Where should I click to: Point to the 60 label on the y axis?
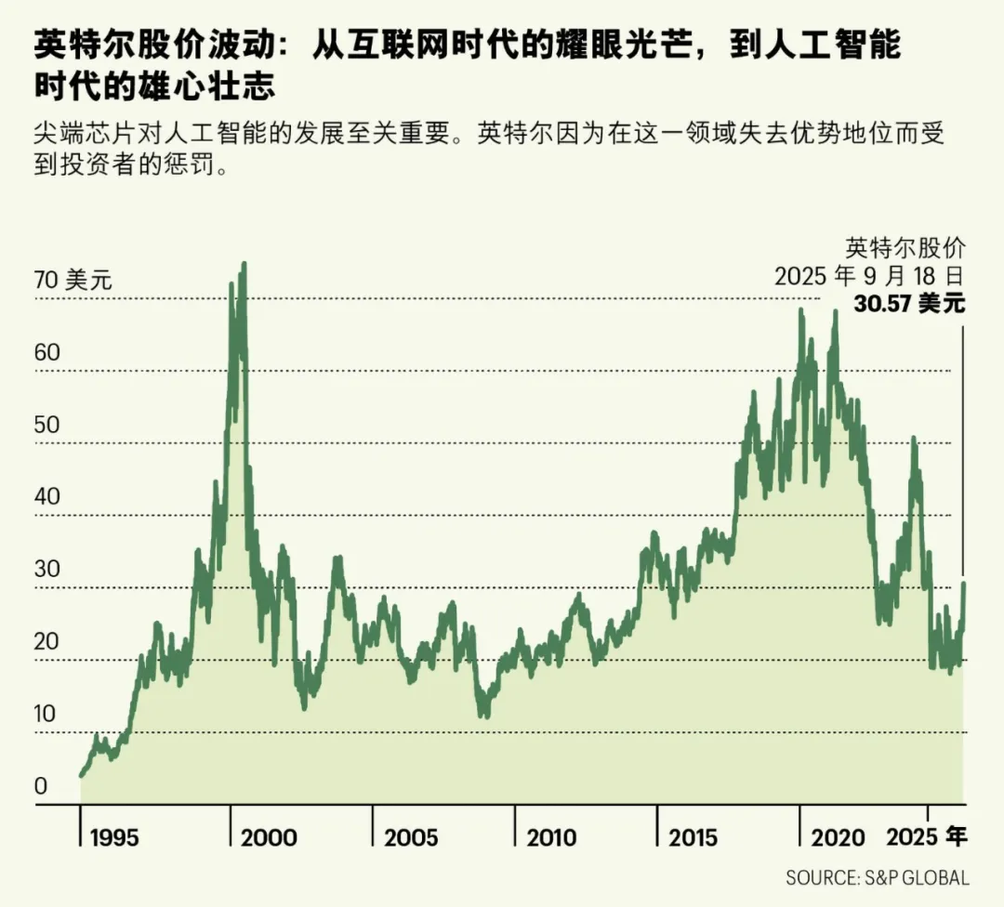47,353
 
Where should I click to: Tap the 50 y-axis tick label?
47,425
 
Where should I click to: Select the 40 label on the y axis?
47,497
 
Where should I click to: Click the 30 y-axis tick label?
47,570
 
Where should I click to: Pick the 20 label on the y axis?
47,642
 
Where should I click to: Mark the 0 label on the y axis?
41,787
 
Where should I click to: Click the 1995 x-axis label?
114,837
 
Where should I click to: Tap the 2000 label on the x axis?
269,837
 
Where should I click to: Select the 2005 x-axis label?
411,837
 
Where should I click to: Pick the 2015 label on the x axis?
693,837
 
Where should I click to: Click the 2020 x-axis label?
838,837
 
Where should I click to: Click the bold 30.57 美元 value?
909,304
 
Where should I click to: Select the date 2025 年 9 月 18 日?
870,276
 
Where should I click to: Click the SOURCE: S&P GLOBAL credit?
878,877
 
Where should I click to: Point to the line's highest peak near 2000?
244,264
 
